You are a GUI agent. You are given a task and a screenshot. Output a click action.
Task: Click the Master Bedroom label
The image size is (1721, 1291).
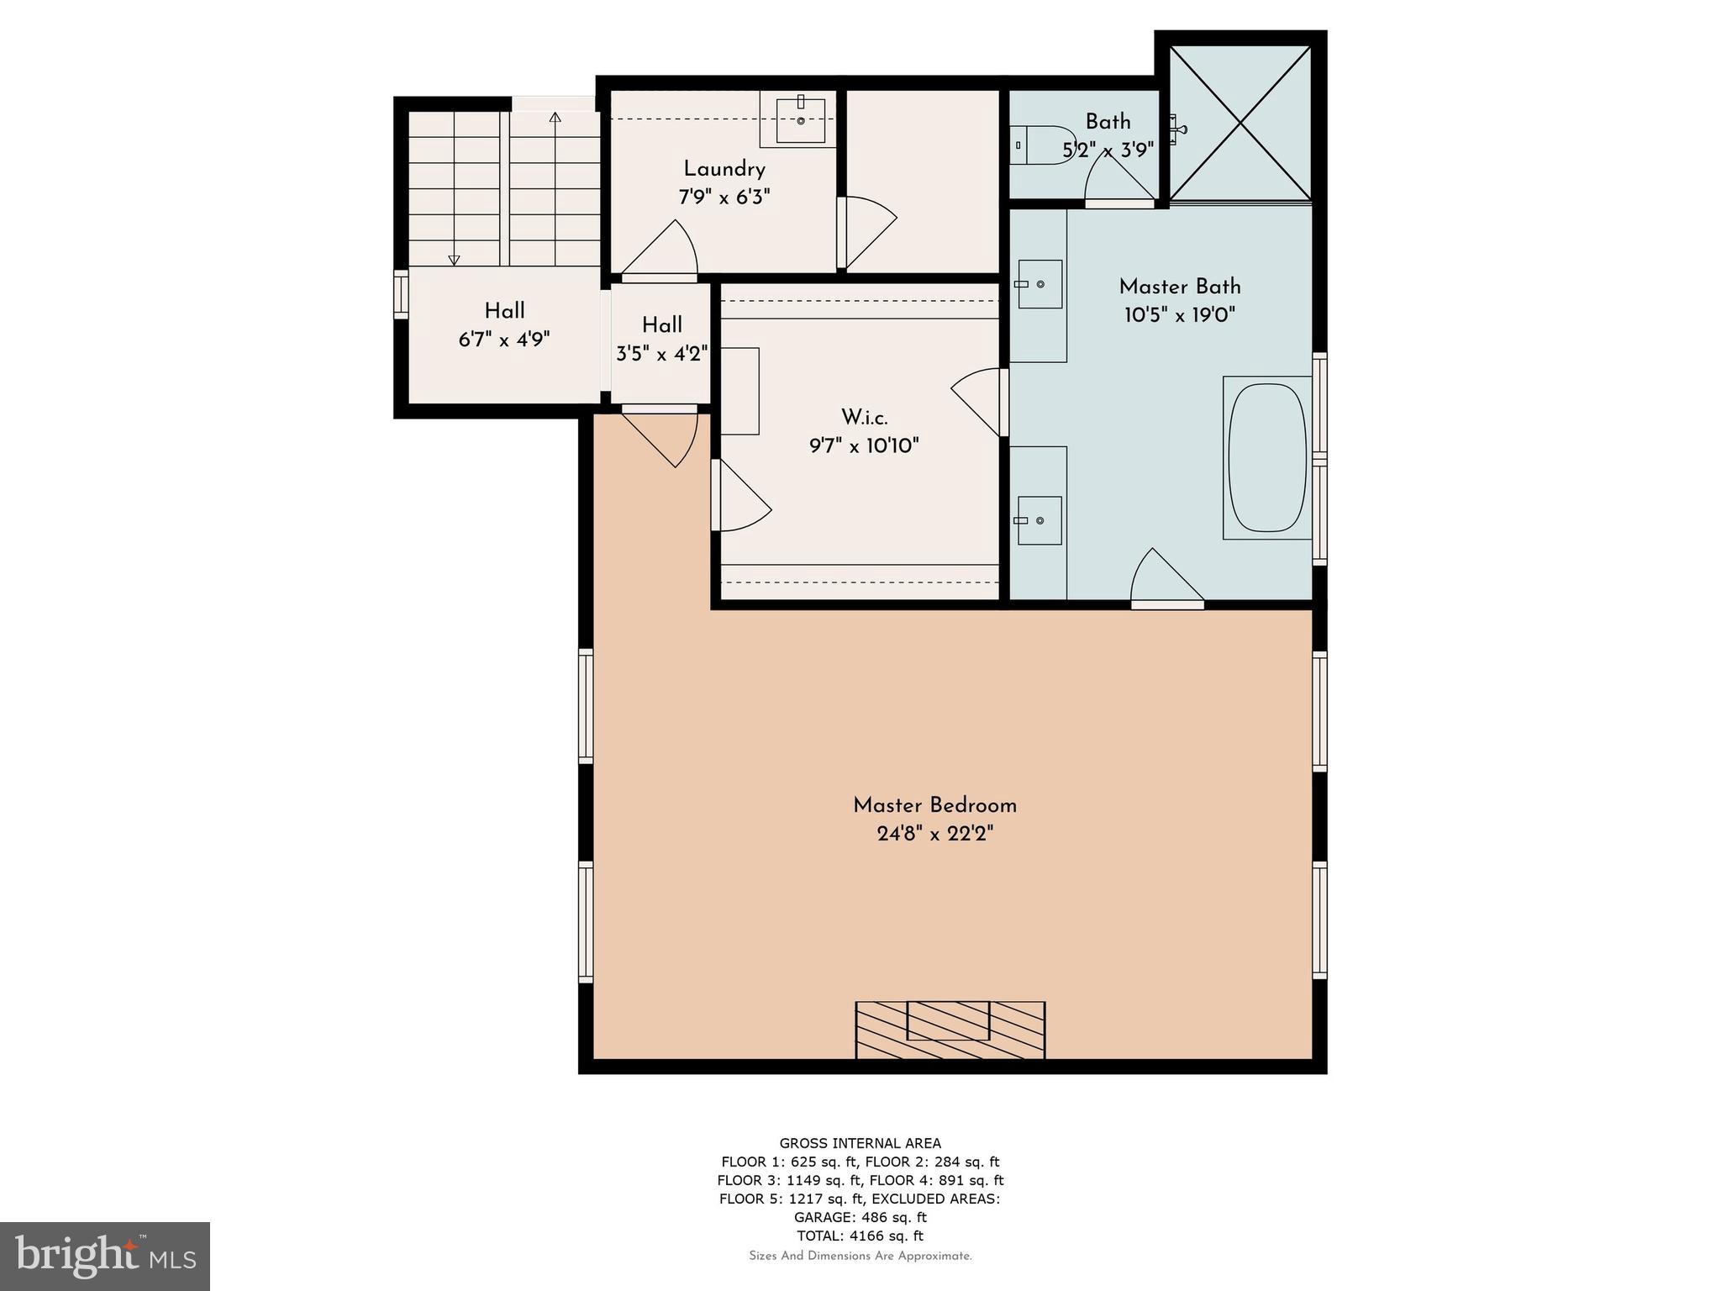click(934, 805)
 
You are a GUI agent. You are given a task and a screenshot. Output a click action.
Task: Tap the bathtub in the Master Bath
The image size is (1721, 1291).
click(1267, 458)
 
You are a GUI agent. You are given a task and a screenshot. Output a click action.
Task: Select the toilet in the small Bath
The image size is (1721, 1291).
click(1041, 145)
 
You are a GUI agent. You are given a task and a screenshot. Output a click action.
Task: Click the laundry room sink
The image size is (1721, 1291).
click(800, 119)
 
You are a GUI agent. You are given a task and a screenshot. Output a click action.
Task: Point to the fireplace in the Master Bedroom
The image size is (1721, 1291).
click(950, 1030)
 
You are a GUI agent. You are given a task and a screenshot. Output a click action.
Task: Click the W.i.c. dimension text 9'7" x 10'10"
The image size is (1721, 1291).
click(864, 445)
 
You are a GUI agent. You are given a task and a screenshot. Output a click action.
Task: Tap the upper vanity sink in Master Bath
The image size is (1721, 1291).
click(1039, 284)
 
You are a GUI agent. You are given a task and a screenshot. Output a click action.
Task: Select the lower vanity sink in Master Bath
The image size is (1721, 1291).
click(1039, 520)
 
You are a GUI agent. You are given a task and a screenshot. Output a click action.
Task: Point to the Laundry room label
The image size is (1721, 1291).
click(724, 169)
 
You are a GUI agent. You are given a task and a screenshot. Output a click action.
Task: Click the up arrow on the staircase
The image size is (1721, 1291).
click(555, 118)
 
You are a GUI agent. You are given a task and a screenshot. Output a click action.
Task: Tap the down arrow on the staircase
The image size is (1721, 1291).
click(454, 259)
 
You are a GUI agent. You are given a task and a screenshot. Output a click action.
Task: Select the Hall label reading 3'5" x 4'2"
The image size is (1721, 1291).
click(662, 353)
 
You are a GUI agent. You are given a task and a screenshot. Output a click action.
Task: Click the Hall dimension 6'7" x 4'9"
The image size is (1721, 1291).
click(504, 340)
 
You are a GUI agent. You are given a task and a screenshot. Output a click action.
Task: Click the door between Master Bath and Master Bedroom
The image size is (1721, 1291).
click(1166, 580)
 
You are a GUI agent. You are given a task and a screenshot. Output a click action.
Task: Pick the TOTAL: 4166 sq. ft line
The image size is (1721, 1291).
click(860, 1236)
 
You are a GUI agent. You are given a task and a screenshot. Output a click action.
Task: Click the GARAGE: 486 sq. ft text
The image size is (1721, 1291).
click(860, 1217)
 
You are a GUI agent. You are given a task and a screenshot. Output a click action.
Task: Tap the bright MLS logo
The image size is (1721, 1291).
click(105, 1256)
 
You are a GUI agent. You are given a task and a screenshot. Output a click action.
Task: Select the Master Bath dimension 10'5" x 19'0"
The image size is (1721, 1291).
click(1180, 315)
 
